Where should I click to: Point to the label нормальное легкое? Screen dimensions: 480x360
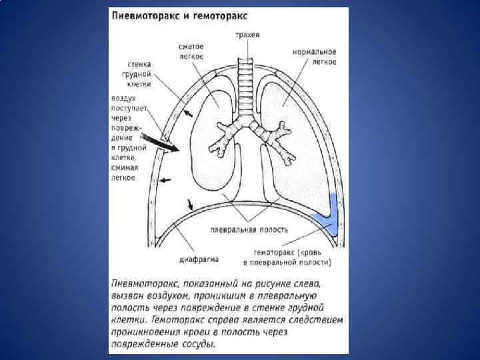click(315, 57)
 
